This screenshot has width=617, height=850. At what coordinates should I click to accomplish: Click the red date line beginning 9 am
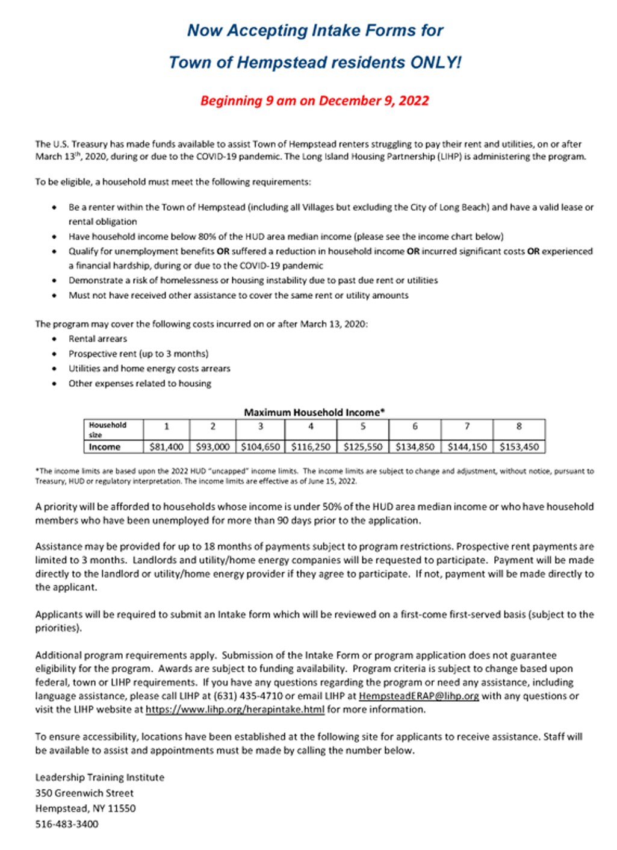click(314, 101)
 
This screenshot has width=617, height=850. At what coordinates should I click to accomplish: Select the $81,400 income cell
click(166, 447)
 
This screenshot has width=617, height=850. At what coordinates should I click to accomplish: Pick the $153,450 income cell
click(519, 447)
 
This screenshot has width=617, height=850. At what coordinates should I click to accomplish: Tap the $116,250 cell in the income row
click(311, 447)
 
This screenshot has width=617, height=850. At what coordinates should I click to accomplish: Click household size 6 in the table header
click(415, 427)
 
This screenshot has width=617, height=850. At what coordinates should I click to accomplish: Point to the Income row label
click(105, 447)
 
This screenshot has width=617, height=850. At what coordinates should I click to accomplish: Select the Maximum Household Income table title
click(314, 413)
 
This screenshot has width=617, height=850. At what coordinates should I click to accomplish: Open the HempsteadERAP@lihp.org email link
click(419, 696)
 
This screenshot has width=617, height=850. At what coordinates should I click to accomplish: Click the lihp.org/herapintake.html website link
click(235, 710)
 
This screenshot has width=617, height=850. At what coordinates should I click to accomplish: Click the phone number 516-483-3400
click(67, 824)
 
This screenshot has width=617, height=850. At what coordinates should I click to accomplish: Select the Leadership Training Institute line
click(99, 778)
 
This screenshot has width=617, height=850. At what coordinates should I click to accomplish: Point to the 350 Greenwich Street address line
click(84, 793)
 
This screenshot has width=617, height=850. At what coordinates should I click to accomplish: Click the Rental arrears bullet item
click(98, 339)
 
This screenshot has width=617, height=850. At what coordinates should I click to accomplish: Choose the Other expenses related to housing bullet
click(140, 383)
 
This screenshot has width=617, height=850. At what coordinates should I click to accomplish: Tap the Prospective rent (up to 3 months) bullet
click(138, 354)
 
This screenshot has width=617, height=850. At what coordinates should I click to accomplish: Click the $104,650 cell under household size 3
click(261, 447)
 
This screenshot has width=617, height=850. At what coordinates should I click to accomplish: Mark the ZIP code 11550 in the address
click(122, 808)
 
